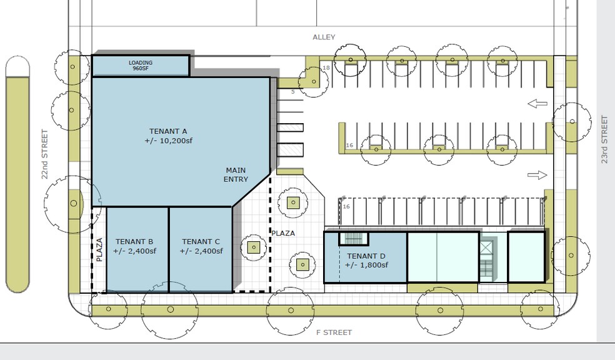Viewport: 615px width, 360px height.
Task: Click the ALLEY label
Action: click(x=324, y=37)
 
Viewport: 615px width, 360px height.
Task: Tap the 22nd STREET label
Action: click(x=45, y=154)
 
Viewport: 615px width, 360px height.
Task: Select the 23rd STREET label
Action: click(x=604, y=139)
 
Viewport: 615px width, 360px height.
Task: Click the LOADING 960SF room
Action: click(x=141, y=66)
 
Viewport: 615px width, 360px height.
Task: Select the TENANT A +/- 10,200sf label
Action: click(x=168, y=136)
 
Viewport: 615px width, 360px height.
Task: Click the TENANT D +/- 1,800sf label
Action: click(x=366, y=260)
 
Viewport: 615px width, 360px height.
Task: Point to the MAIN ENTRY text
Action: click(x=236, y=174)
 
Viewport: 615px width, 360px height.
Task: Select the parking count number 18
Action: click(x=326, y=67)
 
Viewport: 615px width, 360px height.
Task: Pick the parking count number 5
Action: click(x=292, y=92)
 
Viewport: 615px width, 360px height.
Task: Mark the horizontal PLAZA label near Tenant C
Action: click(x=282, y=233)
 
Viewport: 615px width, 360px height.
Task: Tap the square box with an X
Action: click(x=486, y=248)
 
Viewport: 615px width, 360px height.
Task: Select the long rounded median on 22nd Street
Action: click(x=17, y=174)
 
